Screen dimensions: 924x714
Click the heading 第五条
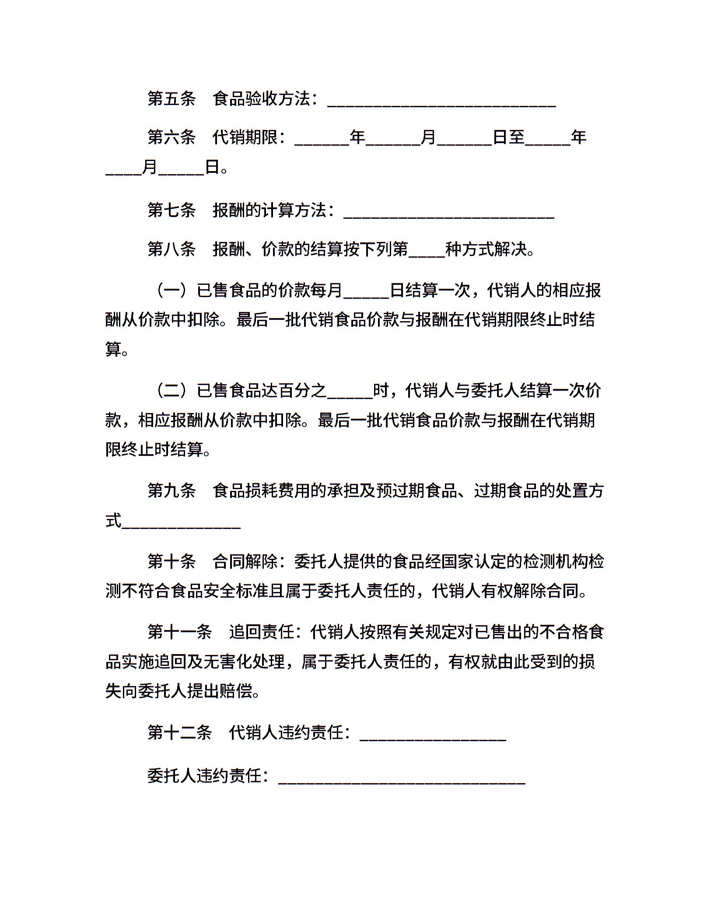click(171, 99)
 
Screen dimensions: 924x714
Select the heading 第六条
click(171, 137)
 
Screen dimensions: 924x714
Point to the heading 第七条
click(171, 210)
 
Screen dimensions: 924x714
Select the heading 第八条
click(171, 249)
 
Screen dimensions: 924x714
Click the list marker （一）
click(172, 290)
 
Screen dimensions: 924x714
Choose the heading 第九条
click(171, 491)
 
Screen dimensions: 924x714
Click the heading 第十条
click(171, 561)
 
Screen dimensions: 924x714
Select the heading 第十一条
click(179, 632)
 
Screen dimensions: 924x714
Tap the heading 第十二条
click(179, 732)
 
